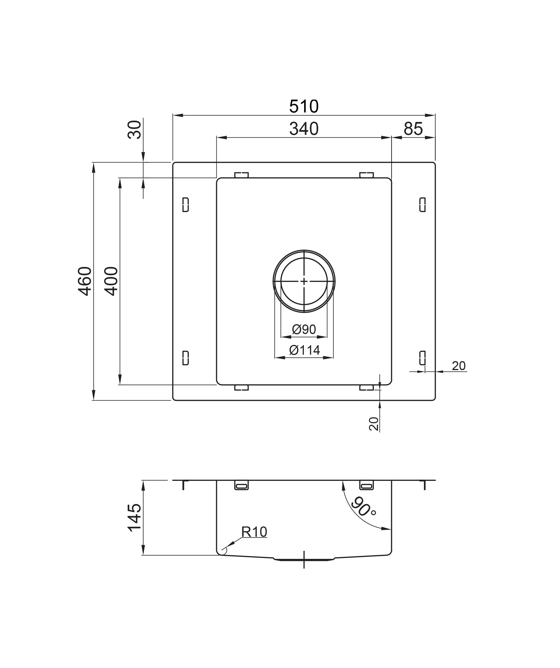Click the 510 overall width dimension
click(x=304, y=106)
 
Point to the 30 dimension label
click(x=134, y=130)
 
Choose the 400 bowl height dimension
click(x=111, y=281)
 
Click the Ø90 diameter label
click(x=304, y=329)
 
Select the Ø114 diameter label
click(x=304, y=350)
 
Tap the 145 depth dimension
click(x=134, y=518)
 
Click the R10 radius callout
click(x=254, y=531)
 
